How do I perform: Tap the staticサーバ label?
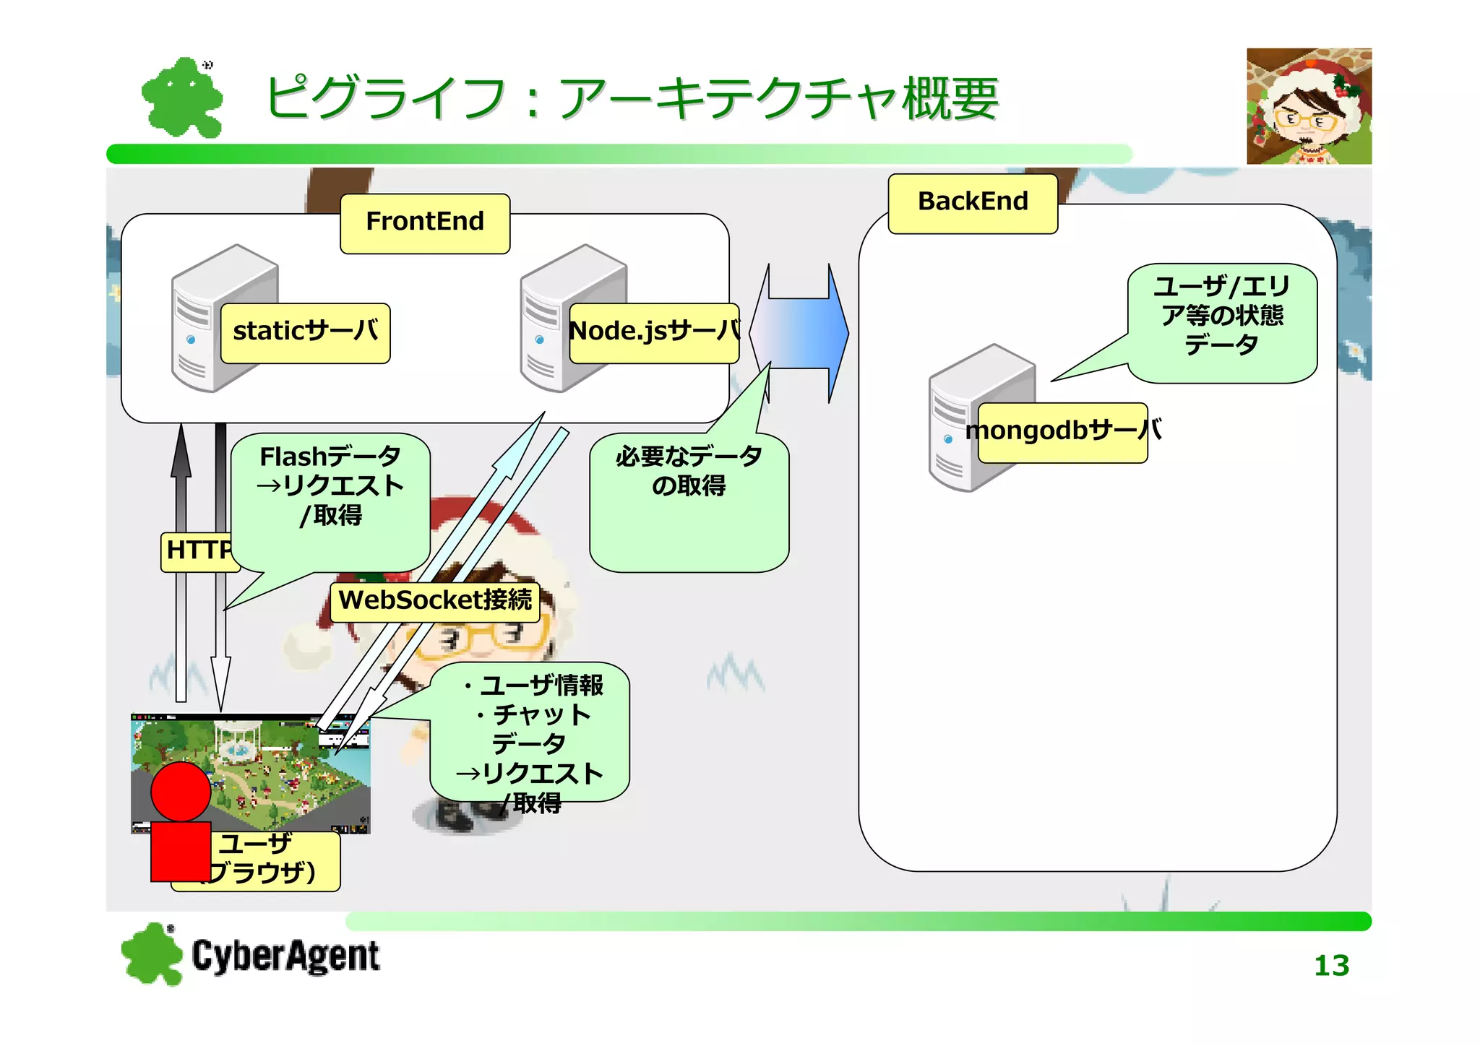pos(305,333)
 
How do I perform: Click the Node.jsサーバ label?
pos(654,333)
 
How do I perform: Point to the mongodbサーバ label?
pos(1062,432)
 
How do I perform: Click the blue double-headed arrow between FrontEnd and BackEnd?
pos(800,333)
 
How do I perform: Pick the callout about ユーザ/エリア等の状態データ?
pos(1222,321)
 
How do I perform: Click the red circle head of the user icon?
pos(181,791)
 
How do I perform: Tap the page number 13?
pos(1331,966)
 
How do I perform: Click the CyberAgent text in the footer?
pos(285,956)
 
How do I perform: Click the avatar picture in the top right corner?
pos(1309,106)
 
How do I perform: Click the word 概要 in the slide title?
pos(951,99)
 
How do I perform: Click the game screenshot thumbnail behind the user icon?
pos(289,766)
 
